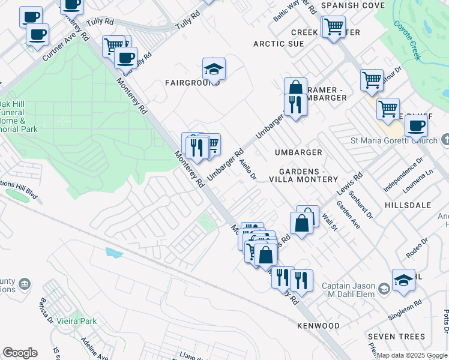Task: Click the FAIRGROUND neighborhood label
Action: [x=193, y=83]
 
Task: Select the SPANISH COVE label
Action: [x=352, y=5]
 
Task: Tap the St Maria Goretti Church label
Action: [x=394, y=140]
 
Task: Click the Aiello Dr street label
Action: [x=247, y=169]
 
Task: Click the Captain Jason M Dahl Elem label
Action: [x=348, y=290]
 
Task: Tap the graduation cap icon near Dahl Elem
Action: [x=403, y=280]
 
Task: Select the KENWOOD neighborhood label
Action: [x=318, y=326]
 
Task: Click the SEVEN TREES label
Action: [x=396, y=337]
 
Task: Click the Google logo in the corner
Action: [x=20, y=353]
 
